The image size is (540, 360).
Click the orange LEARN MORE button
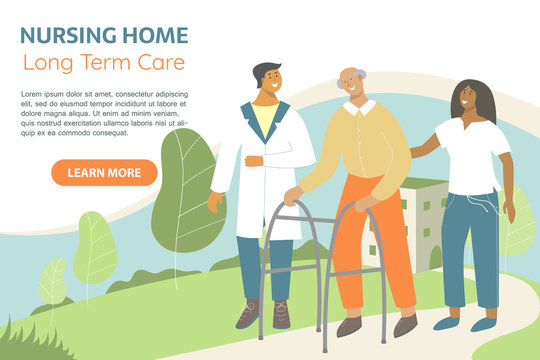coord(104,173)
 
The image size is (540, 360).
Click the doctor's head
coord(267,80)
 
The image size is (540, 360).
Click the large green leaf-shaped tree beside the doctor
coord(184,190)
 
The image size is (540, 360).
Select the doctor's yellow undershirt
coord(264,119)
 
